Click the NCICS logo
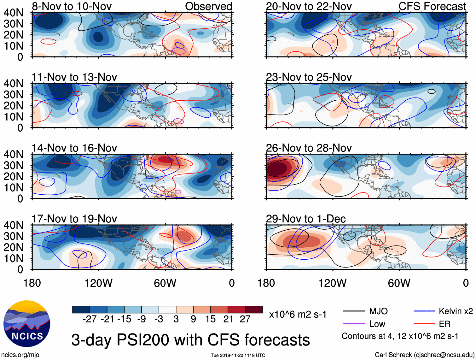[26, 323]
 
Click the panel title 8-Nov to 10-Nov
[72, 6]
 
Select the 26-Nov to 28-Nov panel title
[309, 148]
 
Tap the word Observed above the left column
[208, 6]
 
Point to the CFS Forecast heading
[432, 6]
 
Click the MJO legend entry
[378, 311]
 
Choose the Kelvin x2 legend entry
[456, 311]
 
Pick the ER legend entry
[444, 324]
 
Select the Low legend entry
[377, 324]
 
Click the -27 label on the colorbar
[90, 319]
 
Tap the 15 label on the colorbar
[210, 319]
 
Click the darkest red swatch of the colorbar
[254, 310]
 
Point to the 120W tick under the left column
[98, 283]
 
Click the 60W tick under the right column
[399, 283]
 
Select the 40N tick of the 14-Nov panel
[13, 155]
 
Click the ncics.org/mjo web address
[20, 355]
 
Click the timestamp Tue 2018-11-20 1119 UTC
[238, 355]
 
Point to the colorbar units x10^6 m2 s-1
[298, 315]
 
